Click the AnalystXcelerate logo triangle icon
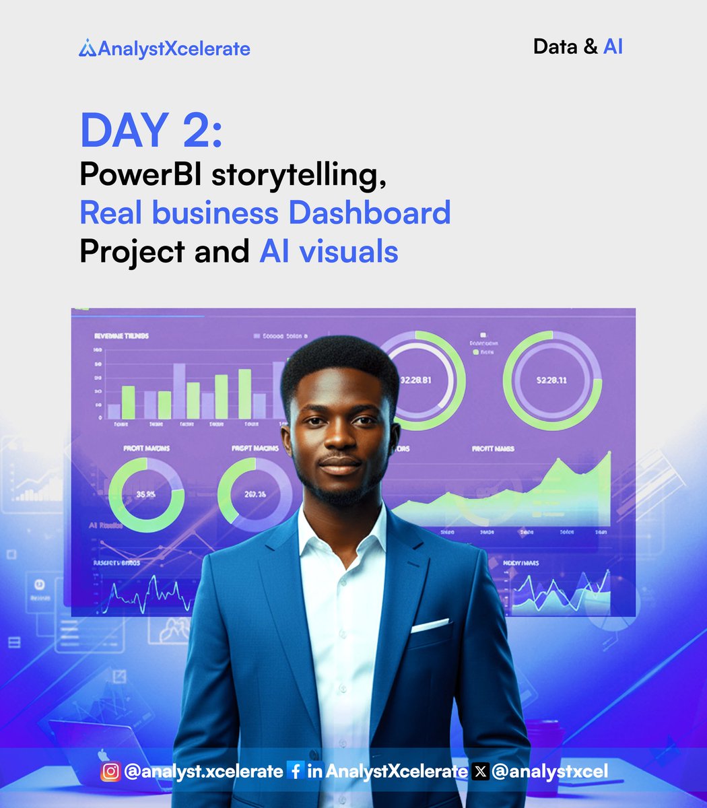88,48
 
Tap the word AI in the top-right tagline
613,46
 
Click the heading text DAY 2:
151,131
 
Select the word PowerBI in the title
141,175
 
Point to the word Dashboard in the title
370,213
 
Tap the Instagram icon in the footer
110,771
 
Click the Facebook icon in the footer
295,771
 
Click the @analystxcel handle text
549,771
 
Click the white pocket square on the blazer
430,626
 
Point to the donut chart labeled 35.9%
146,495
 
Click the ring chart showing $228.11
551,380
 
